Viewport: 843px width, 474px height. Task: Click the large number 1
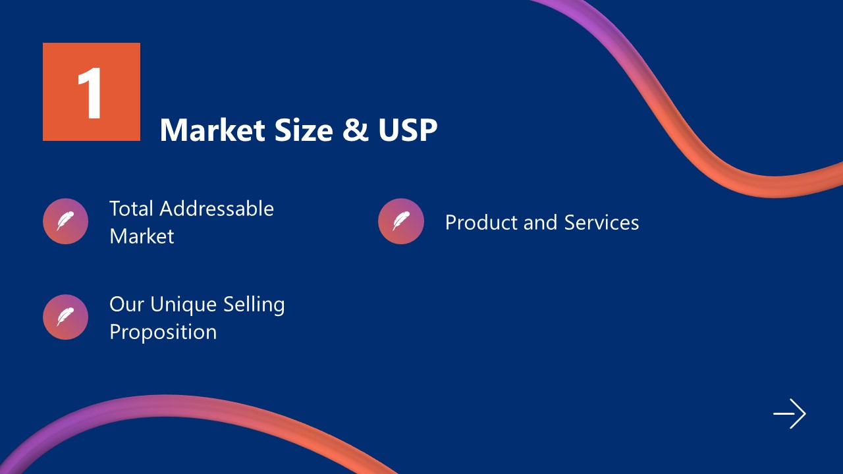[90, 93]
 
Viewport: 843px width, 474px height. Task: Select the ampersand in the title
[356, 130]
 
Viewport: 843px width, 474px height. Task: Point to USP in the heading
[408, 130]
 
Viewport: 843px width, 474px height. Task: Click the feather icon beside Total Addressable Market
[65, 221]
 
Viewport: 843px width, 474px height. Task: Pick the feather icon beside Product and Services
[401, 221]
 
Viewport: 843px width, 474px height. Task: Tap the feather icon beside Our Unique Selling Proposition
[65, 317]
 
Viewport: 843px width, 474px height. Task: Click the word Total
[132, 209]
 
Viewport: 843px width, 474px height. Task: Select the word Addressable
[217, 209]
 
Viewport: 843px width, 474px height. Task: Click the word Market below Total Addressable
[142, 236]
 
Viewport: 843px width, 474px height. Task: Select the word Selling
[254, 305]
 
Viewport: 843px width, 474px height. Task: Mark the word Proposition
[163, 332]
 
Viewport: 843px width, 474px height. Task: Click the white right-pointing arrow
[790, 414]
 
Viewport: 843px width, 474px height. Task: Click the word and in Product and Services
[540, 223]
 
